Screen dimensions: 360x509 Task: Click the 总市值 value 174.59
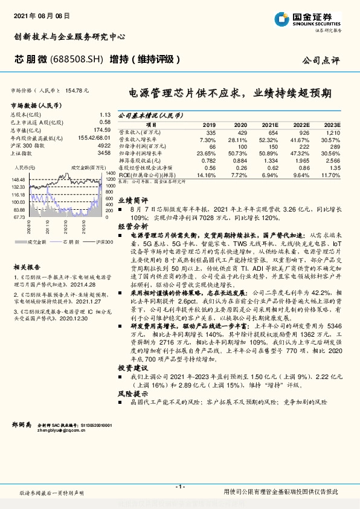101,130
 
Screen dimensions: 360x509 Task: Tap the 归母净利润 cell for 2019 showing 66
212,146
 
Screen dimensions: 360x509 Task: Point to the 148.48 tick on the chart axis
18,180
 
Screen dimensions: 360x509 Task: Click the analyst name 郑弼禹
21,426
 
